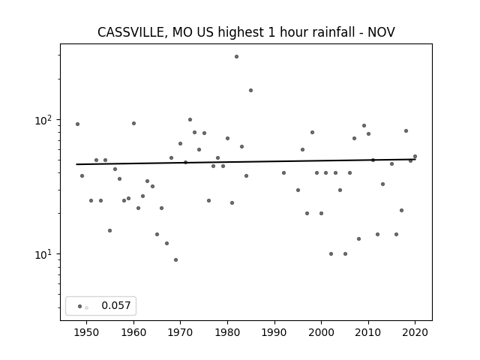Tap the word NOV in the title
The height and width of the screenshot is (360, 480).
(x=381, y=32)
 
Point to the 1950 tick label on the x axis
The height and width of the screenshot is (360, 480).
(x=87, y=332)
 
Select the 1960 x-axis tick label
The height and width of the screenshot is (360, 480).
(x=133, y=332)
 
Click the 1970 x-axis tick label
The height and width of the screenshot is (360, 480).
(x=181, y=332)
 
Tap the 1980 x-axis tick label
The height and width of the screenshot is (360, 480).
(x=227, y=332)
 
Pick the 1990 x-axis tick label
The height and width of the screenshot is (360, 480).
(x=274, y=332)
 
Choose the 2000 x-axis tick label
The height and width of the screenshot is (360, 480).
(x=321, y=332)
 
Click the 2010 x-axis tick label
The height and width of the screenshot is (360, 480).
(x=368, y=332)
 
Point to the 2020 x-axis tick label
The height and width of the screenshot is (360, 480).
(x=415, y=332)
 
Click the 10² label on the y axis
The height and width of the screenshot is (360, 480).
(x=43, y=119)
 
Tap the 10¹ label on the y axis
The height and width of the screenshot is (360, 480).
(x=43, y=253)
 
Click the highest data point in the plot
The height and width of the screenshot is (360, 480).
(x=236, y=56)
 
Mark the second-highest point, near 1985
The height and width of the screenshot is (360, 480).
(x=250, y=90)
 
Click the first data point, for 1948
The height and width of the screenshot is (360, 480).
(x=77, y=124)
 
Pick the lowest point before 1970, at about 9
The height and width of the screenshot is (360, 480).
(x=175, y=259)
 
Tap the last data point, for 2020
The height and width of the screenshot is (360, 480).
(x=415, y=157)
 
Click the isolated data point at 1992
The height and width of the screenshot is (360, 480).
(x=283, y=172)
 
